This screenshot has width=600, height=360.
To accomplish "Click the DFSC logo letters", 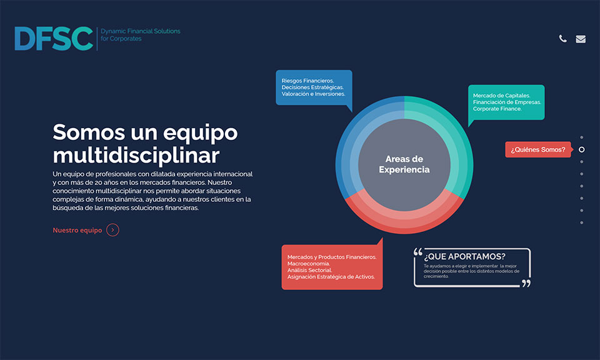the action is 54,38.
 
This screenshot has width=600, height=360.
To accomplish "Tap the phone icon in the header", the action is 563,39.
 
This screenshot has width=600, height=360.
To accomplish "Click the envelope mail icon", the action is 581,39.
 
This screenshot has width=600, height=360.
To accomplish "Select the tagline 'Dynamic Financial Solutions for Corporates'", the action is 141,35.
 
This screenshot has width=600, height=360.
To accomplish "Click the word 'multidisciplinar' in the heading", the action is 136,156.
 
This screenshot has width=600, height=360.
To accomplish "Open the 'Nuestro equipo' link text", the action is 77,230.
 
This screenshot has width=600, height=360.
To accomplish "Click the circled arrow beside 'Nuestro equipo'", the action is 112,230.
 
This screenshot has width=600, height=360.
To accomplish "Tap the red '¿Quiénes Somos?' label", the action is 538,149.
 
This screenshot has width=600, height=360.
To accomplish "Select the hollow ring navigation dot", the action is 582,149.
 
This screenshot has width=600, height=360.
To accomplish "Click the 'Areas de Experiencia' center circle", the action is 404,164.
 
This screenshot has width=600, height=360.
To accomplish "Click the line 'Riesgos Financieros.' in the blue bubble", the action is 307,81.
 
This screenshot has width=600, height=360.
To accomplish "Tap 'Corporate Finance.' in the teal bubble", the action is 497,109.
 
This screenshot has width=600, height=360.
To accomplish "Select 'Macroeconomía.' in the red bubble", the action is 308,264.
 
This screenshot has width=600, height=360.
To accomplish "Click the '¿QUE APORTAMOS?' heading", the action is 464,256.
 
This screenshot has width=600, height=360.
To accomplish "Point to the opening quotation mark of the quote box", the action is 418,252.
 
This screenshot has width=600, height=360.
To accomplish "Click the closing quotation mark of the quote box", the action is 526,283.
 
